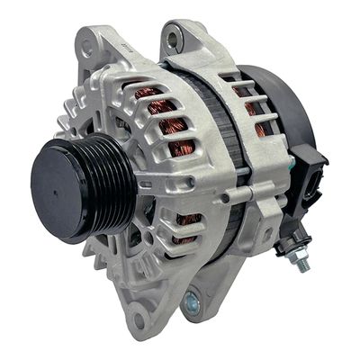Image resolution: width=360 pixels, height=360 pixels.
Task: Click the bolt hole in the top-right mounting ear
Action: click(173, 37)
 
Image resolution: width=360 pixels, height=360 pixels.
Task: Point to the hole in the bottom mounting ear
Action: click(138, 319)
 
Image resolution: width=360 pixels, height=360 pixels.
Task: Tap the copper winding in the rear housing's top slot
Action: click(243, 90)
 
